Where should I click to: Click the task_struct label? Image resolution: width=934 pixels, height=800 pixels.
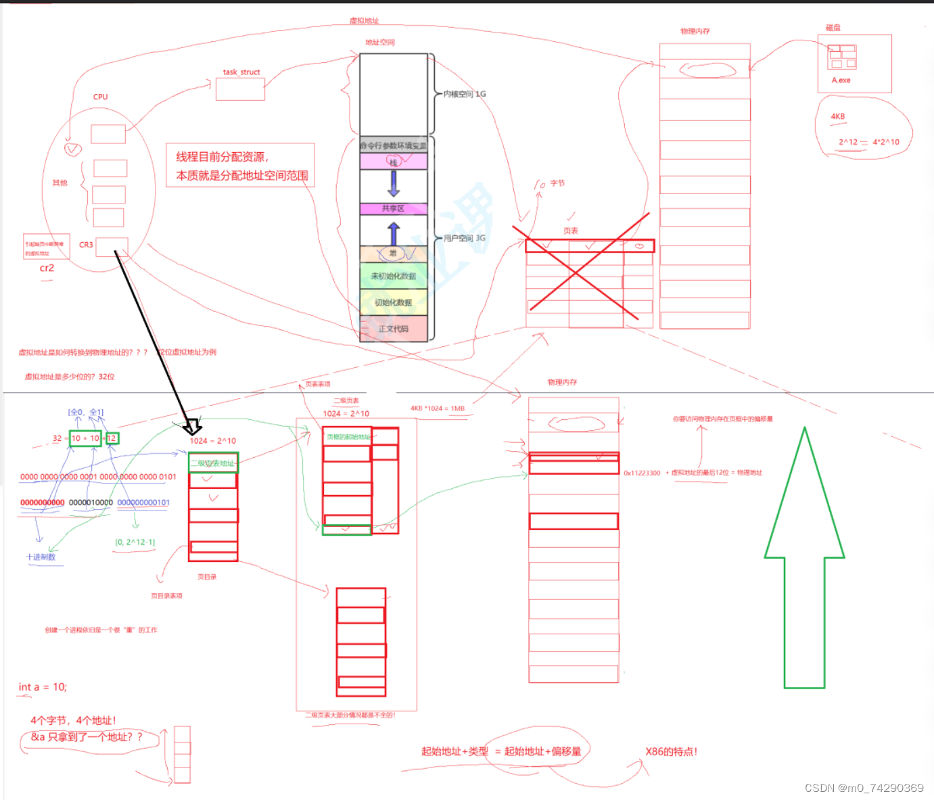(x=241, y=72)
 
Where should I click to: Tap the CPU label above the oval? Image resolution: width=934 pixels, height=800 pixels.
(x=101, y=97)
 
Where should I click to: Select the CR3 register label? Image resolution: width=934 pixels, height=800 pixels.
(x=86, y=245)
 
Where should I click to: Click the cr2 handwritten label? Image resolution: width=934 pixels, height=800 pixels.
(x=47, y=268)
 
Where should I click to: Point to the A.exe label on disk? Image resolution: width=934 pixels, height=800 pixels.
(x=841, y=80)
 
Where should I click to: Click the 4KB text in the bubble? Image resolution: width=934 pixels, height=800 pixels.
(x=838, y=117)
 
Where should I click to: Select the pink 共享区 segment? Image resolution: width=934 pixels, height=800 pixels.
(x=394, y=209)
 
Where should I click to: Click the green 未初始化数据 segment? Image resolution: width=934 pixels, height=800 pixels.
(x=394, y=276)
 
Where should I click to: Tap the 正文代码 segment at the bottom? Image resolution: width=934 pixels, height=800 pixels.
(x=394, y=329)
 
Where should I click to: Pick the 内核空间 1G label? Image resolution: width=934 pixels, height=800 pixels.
(x=465, y=94)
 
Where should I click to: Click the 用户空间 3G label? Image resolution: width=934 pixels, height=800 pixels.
(x=465, y=238)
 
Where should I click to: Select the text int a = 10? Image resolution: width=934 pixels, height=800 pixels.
(x=43, y=687)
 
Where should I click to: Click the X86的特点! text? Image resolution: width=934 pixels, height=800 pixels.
(x=671, y=752)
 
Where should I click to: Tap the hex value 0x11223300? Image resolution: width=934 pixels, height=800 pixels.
(x=642, y=473)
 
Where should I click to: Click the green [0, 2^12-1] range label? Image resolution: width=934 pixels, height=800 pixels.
(x=135, y=542)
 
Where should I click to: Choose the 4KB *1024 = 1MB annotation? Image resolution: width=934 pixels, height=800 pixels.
(x=438, y=408)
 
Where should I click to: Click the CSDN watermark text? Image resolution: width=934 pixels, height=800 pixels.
(x=864, y=788)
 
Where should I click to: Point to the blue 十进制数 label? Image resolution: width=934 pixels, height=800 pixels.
(x=41, y=557)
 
